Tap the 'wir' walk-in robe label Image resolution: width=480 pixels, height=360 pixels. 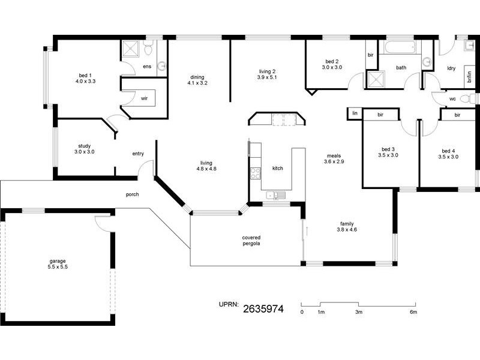144,98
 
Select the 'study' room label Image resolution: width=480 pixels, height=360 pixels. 84,145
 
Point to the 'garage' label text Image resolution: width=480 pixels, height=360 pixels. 58,261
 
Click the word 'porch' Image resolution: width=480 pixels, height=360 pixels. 133,194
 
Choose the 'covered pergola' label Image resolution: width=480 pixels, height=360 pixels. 251,241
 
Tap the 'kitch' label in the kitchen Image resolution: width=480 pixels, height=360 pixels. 277,169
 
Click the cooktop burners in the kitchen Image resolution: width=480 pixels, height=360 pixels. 254,173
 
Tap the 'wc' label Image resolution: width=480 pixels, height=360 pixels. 452,100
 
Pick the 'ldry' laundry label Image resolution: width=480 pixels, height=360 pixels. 451,68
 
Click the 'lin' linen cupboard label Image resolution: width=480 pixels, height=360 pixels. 355,113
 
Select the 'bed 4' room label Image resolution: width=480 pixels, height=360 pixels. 449,151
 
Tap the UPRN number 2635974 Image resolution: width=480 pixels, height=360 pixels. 263,310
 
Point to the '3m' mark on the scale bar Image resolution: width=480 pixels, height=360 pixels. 358,312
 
